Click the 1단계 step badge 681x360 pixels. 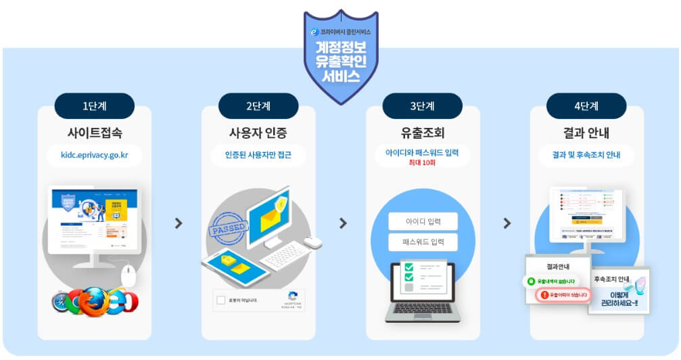[x=95, y=106]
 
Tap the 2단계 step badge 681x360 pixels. [x=258, y=106]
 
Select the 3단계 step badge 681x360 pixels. [x=423, y=106]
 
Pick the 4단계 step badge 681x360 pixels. [x=586, y=106]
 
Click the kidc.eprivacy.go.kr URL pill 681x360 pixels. [x=95, y=154]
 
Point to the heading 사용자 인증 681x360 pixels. [x=258, y=132]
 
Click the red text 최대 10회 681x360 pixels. [x=423, y=163]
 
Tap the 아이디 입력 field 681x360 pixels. [x=423, y=221]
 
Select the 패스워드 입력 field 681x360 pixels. [x=423, y=242]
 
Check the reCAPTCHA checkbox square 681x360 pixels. [x=221, y=300]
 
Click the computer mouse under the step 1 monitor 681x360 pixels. [x=128, y=276]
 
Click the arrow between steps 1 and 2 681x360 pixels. [x=179, y=223]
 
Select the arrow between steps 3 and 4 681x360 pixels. [x=507, y=223]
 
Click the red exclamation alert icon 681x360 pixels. [x=545, y=295]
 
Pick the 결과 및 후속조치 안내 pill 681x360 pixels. [x=586, y=154]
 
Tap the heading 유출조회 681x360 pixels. [x=423, y=132]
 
